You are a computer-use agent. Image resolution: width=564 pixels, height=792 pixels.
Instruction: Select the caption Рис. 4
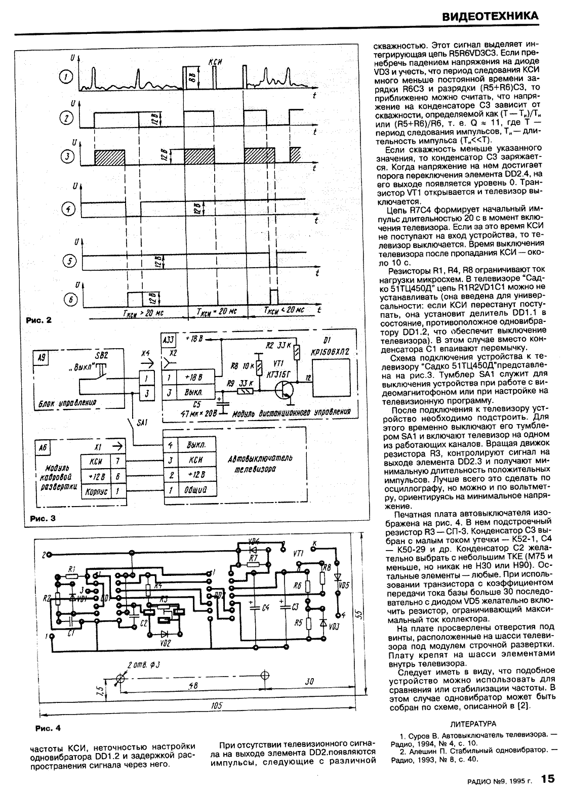point(48,728)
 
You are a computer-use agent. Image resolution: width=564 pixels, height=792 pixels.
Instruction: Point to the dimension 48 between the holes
point(193,685)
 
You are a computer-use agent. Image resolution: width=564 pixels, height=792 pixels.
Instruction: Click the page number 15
point(547,778)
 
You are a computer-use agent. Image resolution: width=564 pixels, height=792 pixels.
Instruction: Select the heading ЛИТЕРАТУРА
point(473,724)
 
